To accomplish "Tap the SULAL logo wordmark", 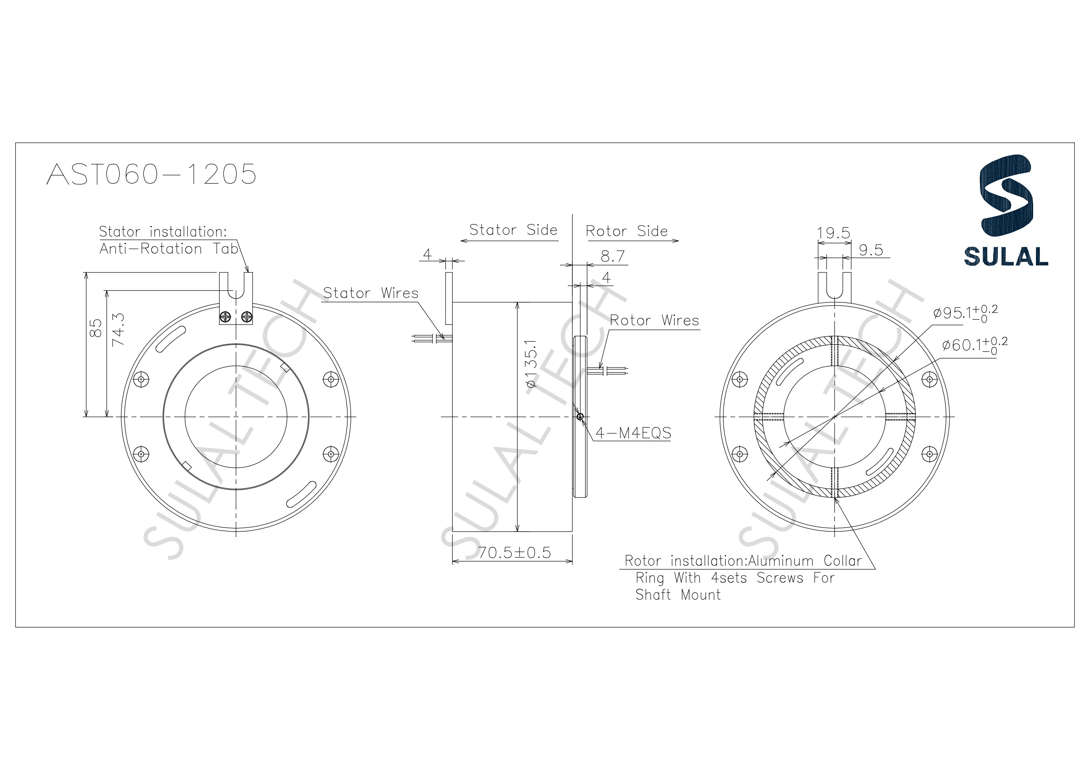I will pos(1006,257).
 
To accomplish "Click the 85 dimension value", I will pos(95,327).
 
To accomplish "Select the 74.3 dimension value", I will pos(118,329).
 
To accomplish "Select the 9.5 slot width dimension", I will pos(871,250).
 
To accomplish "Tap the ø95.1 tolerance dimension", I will pos(965,313).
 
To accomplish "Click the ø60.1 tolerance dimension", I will pos(974,345).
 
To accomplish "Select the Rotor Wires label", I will pos(654,321).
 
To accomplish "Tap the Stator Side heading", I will pos(513,230).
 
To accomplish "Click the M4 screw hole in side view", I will pos(580,417).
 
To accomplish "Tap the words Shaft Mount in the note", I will pos(678,595).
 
